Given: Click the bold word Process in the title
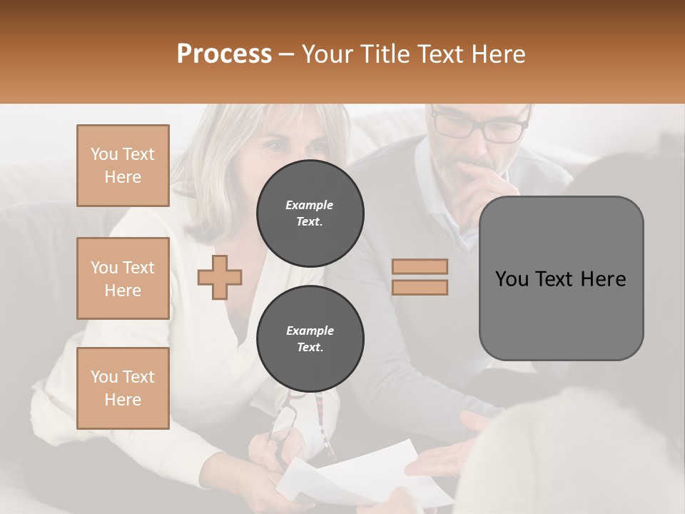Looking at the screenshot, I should coord(224,54).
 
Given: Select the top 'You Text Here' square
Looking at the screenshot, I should coord(123,166).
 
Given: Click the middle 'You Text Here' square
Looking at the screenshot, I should coord(123,278).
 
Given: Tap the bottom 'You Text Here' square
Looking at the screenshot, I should coord(123,388).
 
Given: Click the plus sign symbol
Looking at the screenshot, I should coord(220,278).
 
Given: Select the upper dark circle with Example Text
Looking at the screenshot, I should coord(310,213).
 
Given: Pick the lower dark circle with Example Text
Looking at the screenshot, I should coord(310,339).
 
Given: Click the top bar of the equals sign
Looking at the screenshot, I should coord(420,267).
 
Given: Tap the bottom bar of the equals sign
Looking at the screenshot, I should coord(420,287).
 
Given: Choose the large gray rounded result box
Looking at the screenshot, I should coord(561,278).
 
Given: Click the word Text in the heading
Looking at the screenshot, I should coord(441,54).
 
